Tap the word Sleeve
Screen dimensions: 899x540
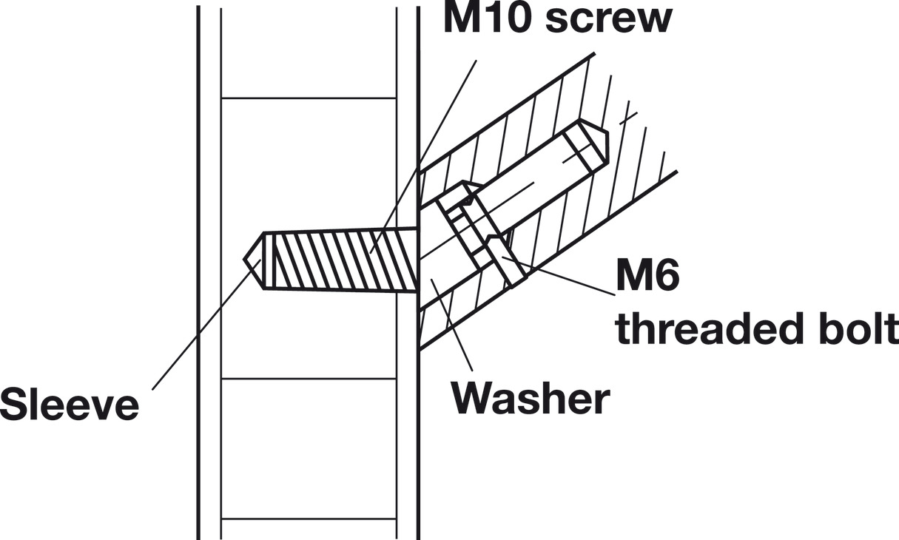[70, 405]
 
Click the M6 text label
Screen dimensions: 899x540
[647, 276]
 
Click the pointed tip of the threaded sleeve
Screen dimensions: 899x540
[243, 259]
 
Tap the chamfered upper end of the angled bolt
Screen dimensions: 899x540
[594, 143]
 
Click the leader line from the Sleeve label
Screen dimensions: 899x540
[206, 325]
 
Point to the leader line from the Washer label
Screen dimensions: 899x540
[452, 325]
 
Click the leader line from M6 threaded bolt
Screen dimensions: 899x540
[558, 277]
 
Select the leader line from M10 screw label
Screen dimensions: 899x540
[423, 157]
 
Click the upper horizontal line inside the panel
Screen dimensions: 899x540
[309, 98]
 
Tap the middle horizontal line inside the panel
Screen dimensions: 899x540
[309, 378]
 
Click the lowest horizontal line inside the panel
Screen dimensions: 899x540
[309, 519]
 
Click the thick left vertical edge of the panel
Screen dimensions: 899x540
[198, 273]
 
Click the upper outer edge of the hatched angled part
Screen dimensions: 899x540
[507, 112]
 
